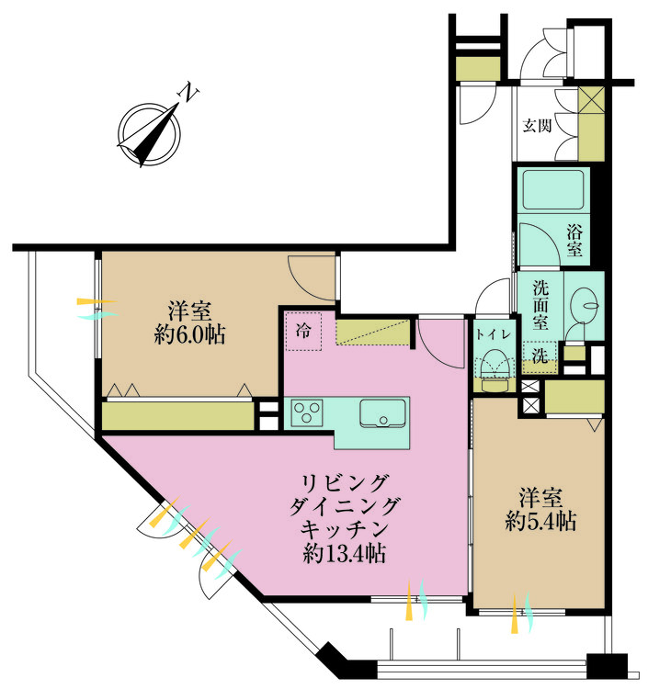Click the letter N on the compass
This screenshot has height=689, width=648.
click(x=188, y=91)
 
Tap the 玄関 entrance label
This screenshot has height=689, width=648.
click(x=537, y=126)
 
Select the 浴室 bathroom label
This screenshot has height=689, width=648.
click(x=574, y=241)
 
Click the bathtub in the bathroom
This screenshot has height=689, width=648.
click(x=553, y=189)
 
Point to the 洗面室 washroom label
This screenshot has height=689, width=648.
click(x=540, y=305)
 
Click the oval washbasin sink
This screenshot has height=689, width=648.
click(x=584, y=303)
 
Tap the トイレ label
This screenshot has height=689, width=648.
click(x=494, y=334)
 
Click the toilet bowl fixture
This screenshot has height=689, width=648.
click(x=495, y=370)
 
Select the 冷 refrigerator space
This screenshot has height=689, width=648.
click(x=303, y=331)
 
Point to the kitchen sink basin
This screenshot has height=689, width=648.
click(x=382, y=413)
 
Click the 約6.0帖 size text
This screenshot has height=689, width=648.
click(x=190, y=335)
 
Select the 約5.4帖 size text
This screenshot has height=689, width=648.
click(x=540, y=522)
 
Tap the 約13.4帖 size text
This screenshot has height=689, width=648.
click(x=345, y=554)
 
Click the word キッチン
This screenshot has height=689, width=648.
click(x=345, y=529)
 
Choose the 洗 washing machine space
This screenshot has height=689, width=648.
click(x=540, y=355)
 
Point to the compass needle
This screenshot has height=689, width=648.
click(x=150, y=135)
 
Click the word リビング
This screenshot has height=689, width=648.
click(x=345, y=483)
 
